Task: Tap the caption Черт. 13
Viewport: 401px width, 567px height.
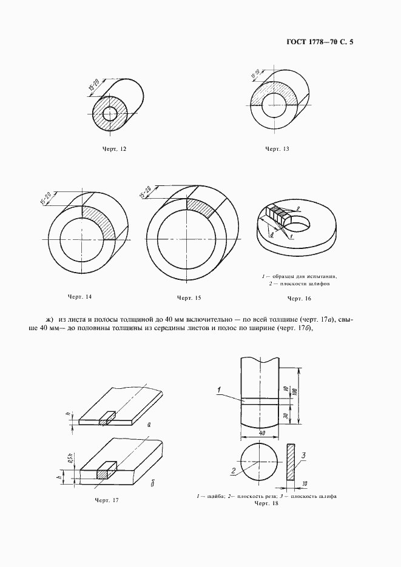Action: tap(276, 148)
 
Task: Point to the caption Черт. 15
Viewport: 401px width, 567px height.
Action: tap(189, 297)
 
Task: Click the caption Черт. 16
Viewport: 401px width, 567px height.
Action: tap(298, 298)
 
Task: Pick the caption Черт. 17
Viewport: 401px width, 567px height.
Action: tap(107, 500)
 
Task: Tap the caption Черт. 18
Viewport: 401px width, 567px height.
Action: tap(266, 503)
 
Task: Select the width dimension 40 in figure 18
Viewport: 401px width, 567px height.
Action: tap(260, 433)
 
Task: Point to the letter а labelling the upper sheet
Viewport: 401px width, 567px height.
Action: tap(149, 425)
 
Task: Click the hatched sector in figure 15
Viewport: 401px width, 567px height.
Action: tap(202, 208)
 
